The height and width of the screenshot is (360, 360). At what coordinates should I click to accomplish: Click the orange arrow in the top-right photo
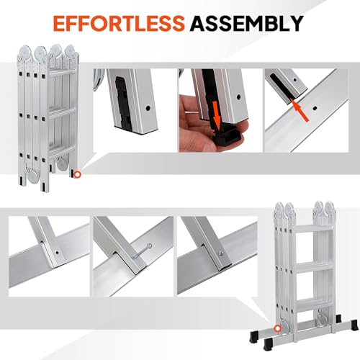click(306, 110)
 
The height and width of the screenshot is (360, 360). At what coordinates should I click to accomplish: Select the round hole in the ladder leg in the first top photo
click(148, 106)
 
